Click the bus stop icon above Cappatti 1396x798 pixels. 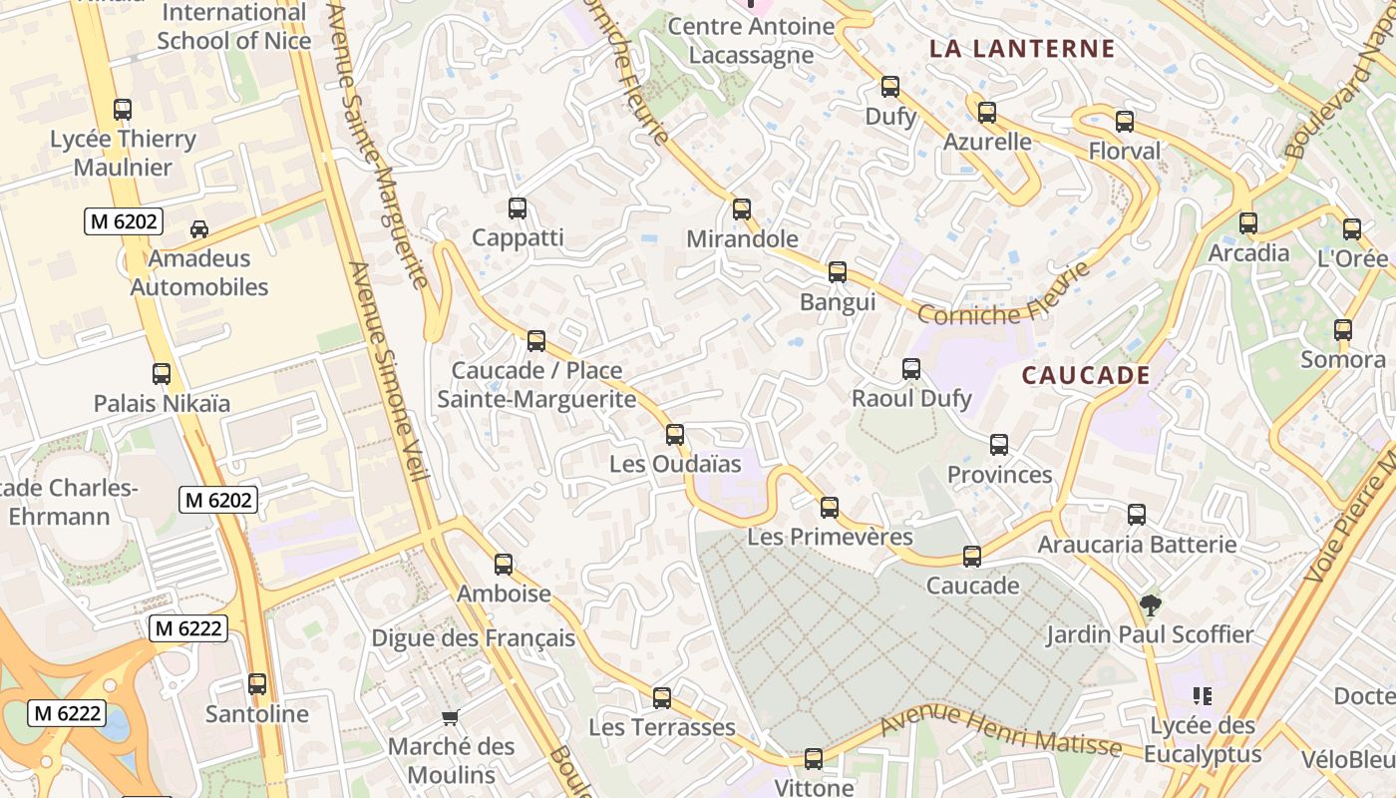point(517,208)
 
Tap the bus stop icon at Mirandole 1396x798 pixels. point(741,209)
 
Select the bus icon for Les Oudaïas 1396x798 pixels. point(675,435)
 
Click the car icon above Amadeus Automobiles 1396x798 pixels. point(199,229)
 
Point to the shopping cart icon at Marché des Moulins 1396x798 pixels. point(451,717)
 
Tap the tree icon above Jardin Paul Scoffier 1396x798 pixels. point(1150,604)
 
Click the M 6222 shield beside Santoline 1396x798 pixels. point(188,628)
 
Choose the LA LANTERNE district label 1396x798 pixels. point(1022,49)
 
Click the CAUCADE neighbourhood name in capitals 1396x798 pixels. point(1086,376)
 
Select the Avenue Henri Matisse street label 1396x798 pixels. point(1001,732)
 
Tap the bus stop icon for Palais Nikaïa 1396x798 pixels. point(162,374)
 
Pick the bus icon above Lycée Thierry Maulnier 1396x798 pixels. point(123,110)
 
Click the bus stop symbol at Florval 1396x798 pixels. point(1125,122)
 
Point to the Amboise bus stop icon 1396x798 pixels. point(504,565)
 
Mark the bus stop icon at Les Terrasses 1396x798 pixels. point(662,698)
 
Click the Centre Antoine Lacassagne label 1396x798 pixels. point(751,40)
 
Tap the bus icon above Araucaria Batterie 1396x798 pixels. point(1137,515)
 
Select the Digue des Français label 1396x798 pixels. point(473,638)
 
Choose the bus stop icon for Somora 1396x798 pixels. point(1343,330)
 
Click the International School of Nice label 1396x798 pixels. point(233,27)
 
